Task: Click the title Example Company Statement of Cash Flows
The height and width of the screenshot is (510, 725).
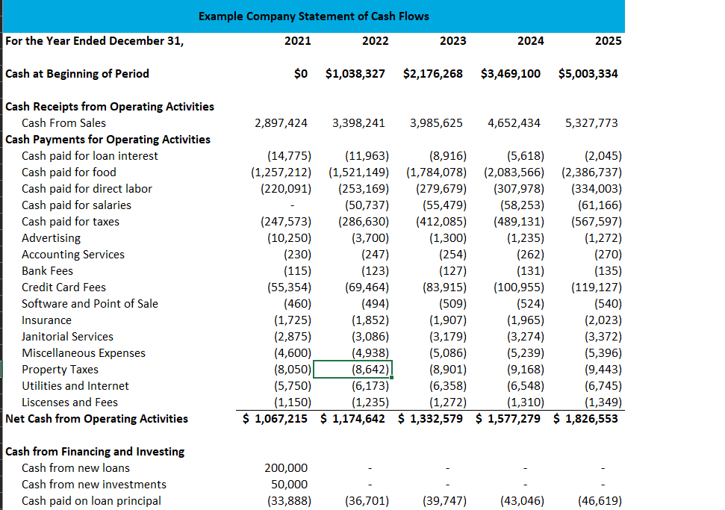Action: [314, 16]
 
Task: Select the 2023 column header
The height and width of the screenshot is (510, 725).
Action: [452, 40]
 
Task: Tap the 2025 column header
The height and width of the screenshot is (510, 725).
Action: [608, 40]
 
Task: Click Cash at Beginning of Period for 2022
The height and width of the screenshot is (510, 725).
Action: [355, 73]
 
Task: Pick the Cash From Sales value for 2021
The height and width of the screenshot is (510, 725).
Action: [281, 123]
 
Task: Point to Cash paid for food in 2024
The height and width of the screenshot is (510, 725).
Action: [514, 172]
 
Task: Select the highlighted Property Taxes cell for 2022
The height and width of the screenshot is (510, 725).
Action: [352, 370]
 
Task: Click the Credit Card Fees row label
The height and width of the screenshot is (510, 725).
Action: [63, 287]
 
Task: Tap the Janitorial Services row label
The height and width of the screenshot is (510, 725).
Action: [67, 337]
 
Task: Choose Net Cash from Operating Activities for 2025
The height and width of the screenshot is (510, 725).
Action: [585, 419]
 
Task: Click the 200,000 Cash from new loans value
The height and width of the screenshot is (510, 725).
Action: [286, 468]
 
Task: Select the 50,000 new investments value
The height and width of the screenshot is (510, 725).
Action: [289, 485]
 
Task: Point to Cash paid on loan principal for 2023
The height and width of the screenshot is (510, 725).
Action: [444, 501]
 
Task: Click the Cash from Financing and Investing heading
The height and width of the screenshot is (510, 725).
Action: [95, 452]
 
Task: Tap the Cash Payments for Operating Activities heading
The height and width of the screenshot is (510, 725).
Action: [108, 140]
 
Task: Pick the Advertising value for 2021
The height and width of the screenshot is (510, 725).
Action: [289, 238]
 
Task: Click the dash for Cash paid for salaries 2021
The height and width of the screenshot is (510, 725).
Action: [292, 205]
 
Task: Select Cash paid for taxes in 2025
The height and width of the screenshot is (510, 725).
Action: [597, 222]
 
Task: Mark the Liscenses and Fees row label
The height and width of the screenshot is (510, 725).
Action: [70, 402]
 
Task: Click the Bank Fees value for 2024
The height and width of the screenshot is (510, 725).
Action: [530, 271]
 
